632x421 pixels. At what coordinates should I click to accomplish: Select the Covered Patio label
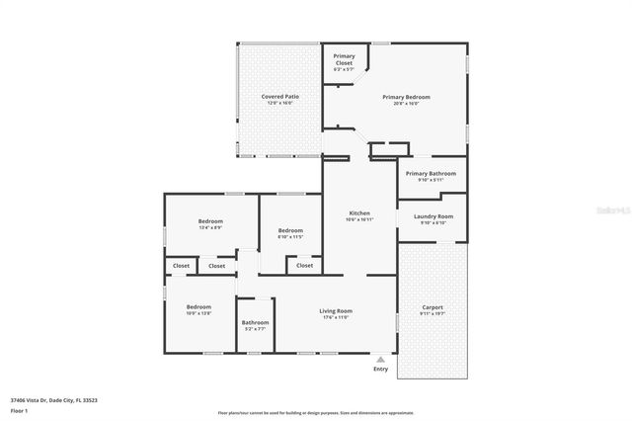pos(279,97)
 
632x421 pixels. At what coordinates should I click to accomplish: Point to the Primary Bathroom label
pos(430,174)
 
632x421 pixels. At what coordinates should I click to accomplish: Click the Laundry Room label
pos(433,216)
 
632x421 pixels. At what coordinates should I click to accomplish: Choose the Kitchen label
pos(359,213)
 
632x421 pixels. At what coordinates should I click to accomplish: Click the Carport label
pos(433,307)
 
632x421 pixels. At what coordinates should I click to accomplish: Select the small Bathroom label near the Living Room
pos(255,323)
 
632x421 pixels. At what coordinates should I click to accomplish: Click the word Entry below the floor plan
pos(380,370)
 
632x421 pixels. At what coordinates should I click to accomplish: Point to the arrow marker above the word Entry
pos(380,358)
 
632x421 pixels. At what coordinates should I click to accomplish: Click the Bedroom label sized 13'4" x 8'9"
pos(210,221)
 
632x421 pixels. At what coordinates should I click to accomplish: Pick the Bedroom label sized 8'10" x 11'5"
pos(289,231)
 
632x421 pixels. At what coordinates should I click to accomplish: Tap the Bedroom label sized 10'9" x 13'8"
pos(198,307)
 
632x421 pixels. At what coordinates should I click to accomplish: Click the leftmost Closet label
pos(181,265)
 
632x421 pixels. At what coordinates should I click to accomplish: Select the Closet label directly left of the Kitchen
pos(304,265)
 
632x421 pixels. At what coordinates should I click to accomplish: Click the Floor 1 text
pos(19,409)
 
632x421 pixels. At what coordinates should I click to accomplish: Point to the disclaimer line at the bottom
pos(316,412)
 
